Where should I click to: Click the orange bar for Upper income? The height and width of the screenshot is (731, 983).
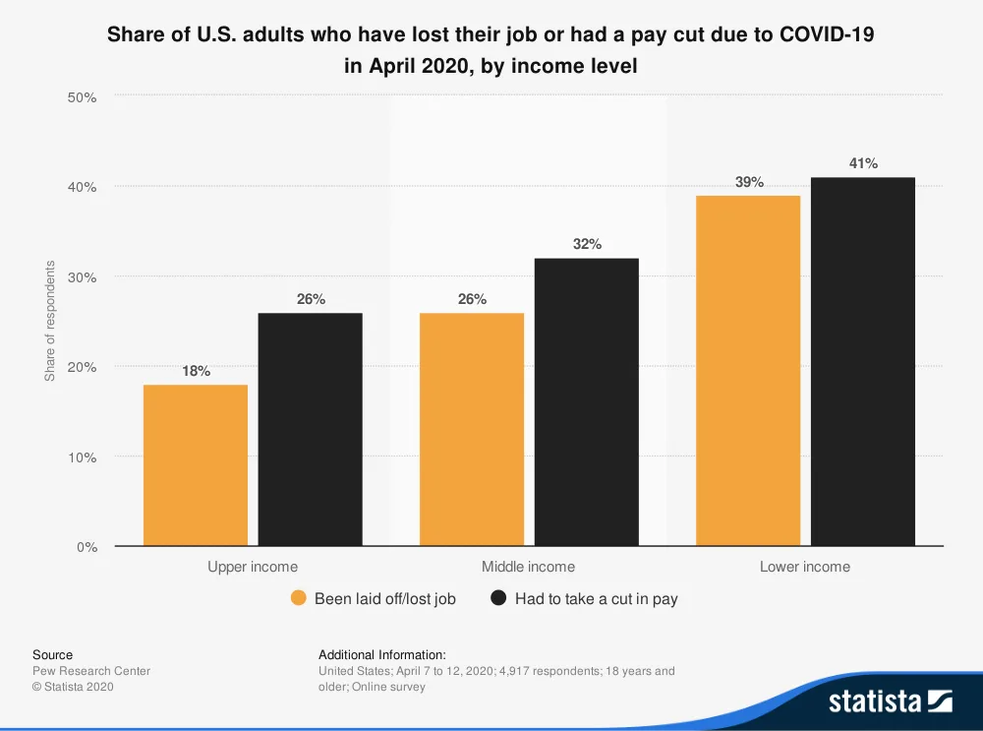(196, 464)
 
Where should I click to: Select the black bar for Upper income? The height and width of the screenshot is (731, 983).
(311, 429)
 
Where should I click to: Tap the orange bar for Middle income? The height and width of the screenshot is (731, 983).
(472, 429)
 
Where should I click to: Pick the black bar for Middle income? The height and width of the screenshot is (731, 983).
(587, 401)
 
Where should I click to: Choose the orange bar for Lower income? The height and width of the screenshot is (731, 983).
(748, 370)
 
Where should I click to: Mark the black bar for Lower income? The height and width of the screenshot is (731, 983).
(863, 361)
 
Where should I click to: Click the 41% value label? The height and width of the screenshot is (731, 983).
(863, 163)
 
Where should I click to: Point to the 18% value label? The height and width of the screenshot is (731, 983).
(196, 371)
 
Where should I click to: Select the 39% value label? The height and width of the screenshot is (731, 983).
(749, 182)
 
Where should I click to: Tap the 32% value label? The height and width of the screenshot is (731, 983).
(587, 244)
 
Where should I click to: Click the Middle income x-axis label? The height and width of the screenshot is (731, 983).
(528, 567)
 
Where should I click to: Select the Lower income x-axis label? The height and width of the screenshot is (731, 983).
(805, 567)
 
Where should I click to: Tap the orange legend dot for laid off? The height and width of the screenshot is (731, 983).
(299, 598)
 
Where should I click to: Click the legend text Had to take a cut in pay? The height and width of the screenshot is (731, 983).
(596, 598)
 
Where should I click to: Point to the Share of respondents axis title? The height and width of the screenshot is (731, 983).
(50, 322)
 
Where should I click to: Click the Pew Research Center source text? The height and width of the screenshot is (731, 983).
(91, 671)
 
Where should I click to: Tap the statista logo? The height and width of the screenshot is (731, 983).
(890, 701)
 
